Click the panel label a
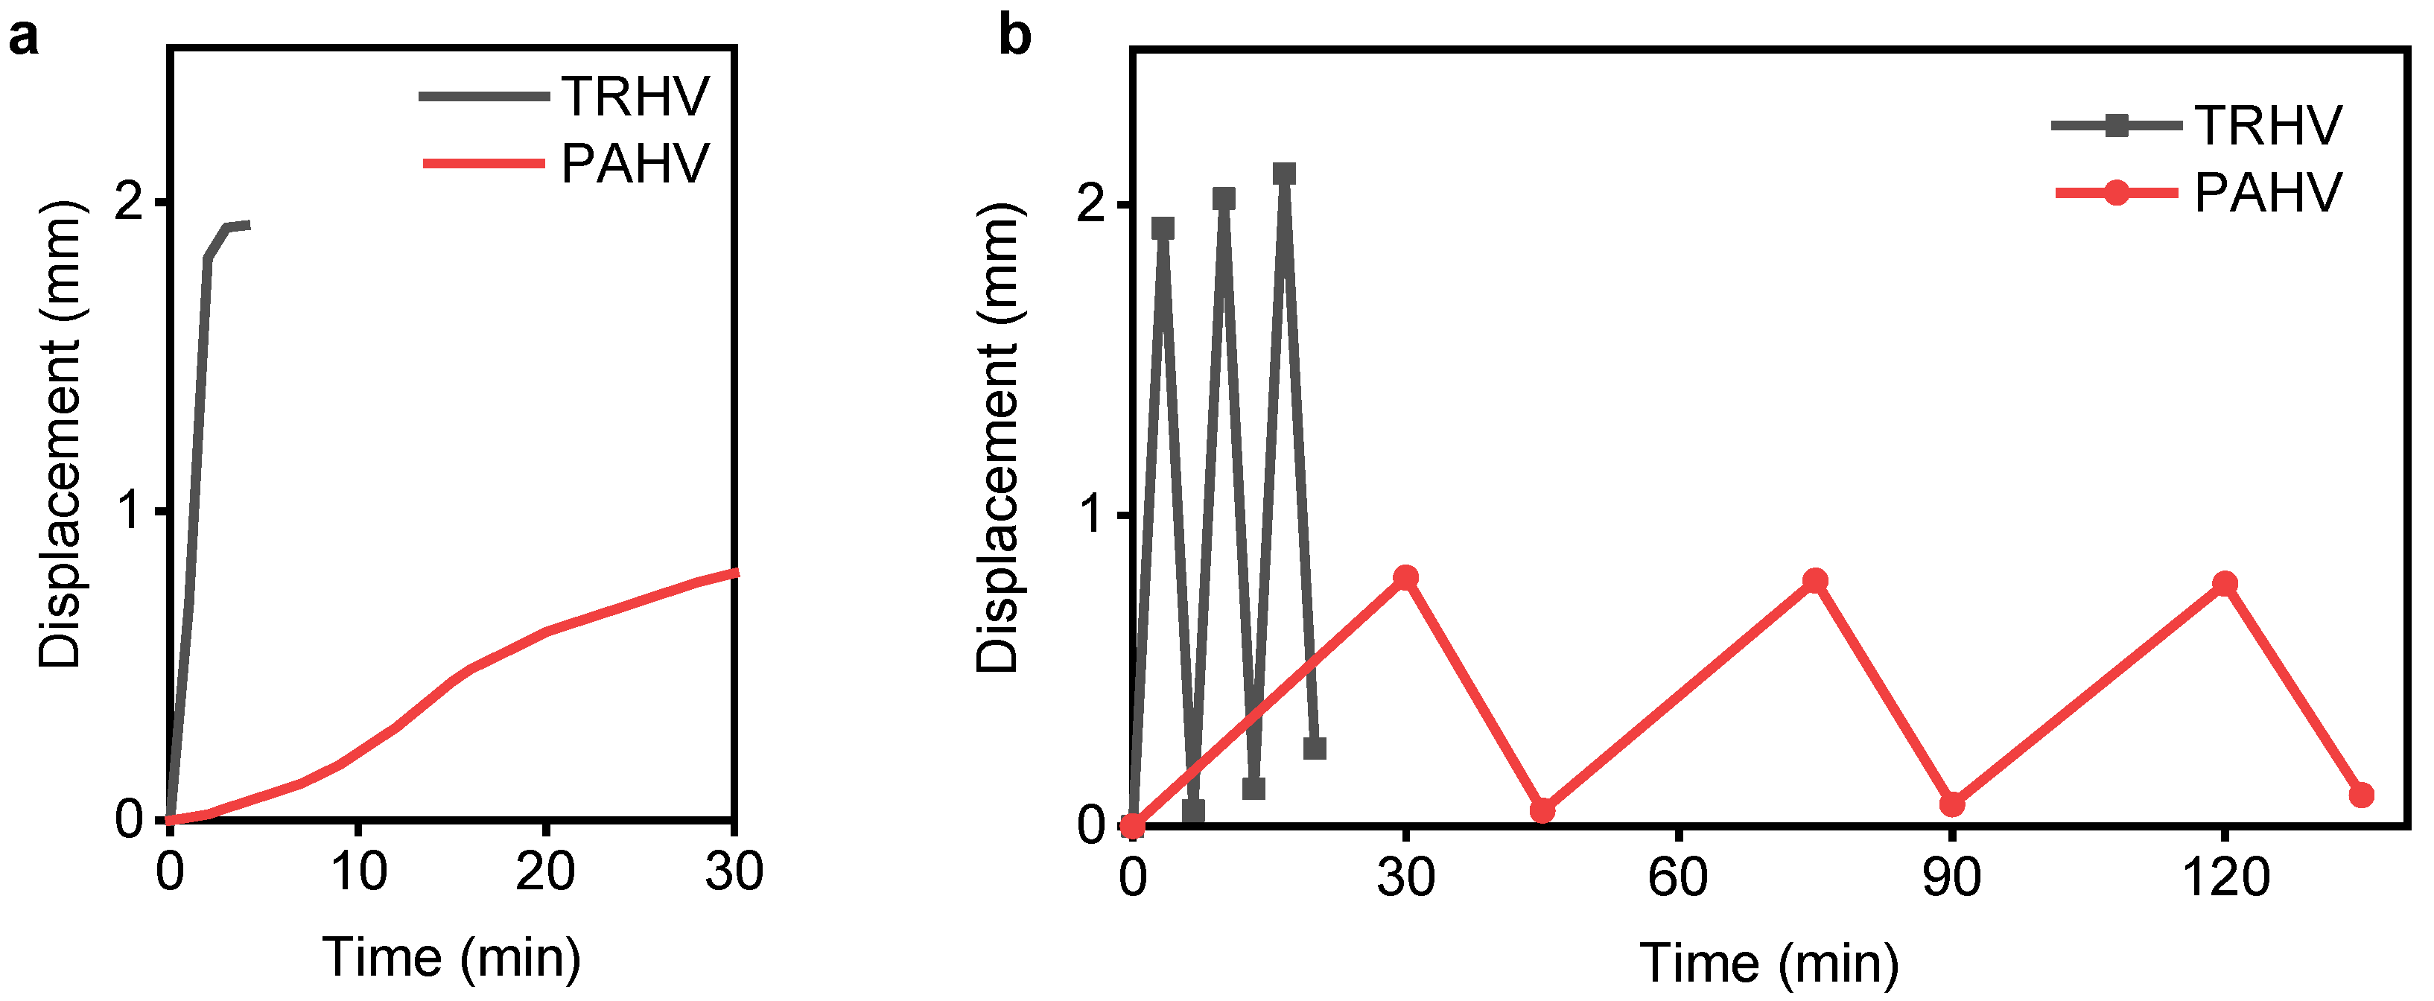(x=25, y=39)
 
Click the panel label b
(x=1015, y=38)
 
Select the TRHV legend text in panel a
(x=635, y=96)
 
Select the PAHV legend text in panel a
(x=635, y=164)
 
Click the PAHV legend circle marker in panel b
(x=2117, y=194)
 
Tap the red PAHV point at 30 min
(x=1406, y=577)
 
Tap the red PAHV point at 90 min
(x=1952, y=804)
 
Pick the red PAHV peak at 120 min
(x=2225, y=583)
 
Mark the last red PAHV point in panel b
(x=2361, y=795)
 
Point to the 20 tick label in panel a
(x=545, y=871)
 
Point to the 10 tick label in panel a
(x=358, y=871)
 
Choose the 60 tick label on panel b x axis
(x=1678, y=877)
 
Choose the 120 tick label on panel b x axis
(x=2225, y=877)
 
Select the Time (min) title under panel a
(x=451, y=958)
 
